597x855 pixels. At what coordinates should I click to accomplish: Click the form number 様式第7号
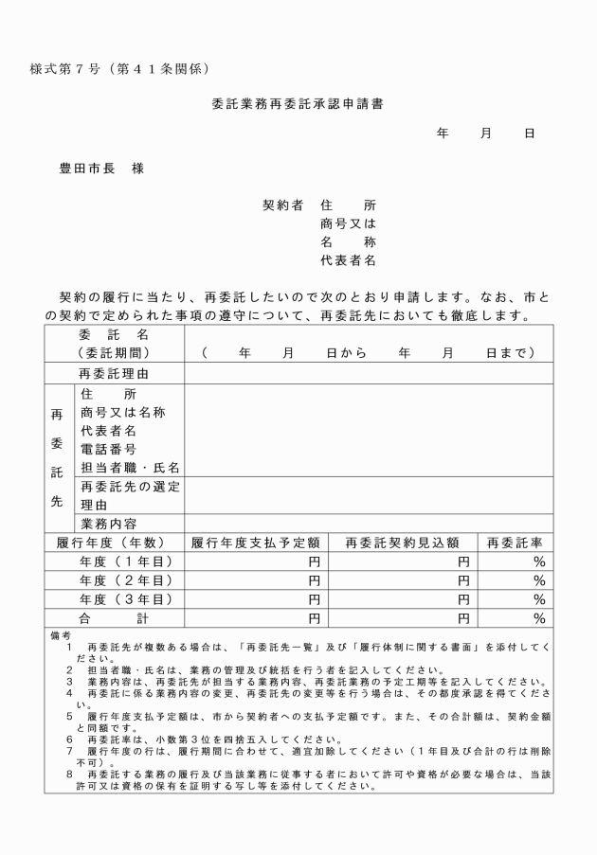click(x=76, y=69)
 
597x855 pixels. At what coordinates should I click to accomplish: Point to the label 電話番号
click(x=109, y=449)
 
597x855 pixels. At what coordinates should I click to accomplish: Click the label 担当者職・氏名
click(x=130, y=468)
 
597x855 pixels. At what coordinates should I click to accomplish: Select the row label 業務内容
click(x=109, y=524)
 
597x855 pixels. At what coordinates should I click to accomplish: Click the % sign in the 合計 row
click(x=539, y=618)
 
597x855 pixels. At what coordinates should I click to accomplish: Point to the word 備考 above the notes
click(x=60, y=635)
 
